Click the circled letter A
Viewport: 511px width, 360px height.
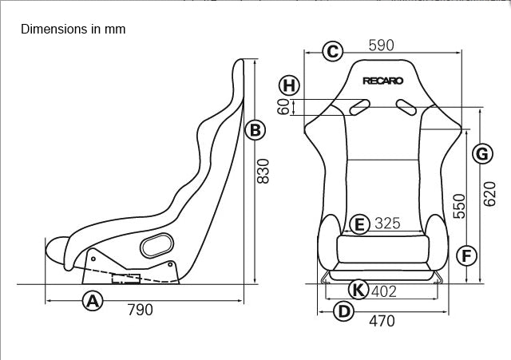tap(93, 301)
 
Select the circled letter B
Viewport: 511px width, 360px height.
tap(254, 130)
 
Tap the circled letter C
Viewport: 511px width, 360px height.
tap(332, 52)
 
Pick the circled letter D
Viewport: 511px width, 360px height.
tap(343, 311)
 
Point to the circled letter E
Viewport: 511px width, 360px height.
tap(359, 224)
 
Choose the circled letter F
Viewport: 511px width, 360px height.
tap(467, 255)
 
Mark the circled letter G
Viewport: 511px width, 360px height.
tap(481, 153)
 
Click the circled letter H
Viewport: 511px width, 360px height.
tap(289, 85)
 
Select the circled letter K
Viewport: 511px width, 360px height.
tap(359, 291)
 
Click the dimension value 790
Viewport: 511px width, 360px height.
tap(141, 310)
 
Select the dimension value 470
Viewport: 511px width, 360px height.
tap(382, 321)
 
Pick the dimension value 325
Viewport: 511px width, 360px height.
tap(387, 224)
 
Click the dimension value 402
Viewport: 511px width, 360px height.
tap(384, 291)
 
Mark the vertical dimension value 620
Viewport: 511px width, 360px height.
tap(489, 194)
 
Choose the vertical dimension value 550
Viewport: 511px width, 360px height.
tap(459, 207)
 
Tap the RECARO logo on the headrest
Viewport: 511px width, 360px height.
tap(383, 80)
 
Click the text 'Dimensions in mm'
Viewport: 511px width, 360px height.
tap(73, 30)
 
